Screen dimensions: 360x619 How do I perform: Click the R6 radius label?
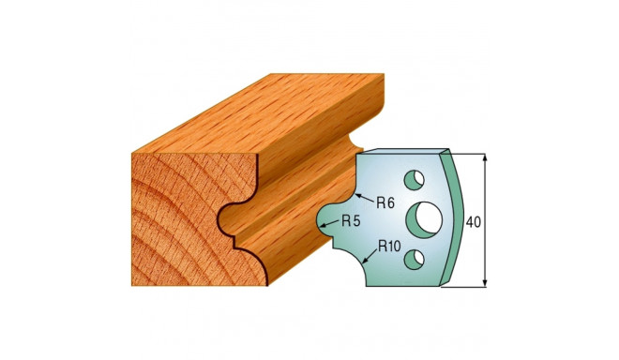(x=387, y=201)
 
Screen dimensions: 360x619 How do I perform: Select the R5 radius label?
(x=353, y=222)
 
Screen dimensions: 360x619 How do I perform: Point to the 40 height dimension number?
(x=474, y=223)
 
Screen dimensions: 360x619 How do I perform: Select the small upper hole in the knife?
(x=412, y=178)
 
